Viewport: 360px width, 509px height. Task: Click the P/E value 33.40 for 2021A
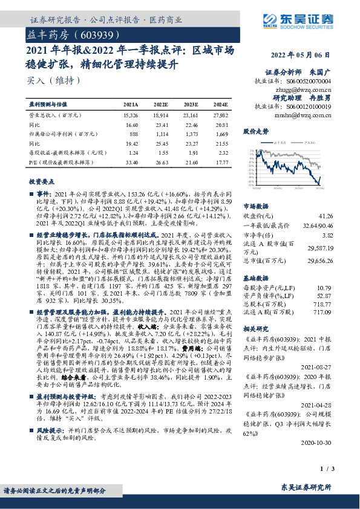(131, 163)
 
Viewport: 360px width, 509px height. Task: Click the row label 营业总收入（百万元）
(55, 114)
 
